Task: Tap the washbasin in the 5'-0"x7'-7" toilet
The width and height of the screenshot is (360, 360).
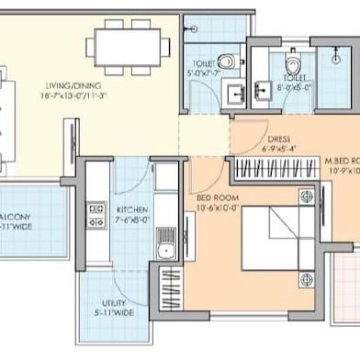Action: click(x=232, y=94)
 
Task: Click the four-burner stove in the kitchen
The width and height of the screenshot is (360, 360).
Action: click(x=94, y=215)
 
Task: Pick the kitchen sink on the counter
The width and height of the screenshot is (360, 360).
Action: click(x=166, y=244)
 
